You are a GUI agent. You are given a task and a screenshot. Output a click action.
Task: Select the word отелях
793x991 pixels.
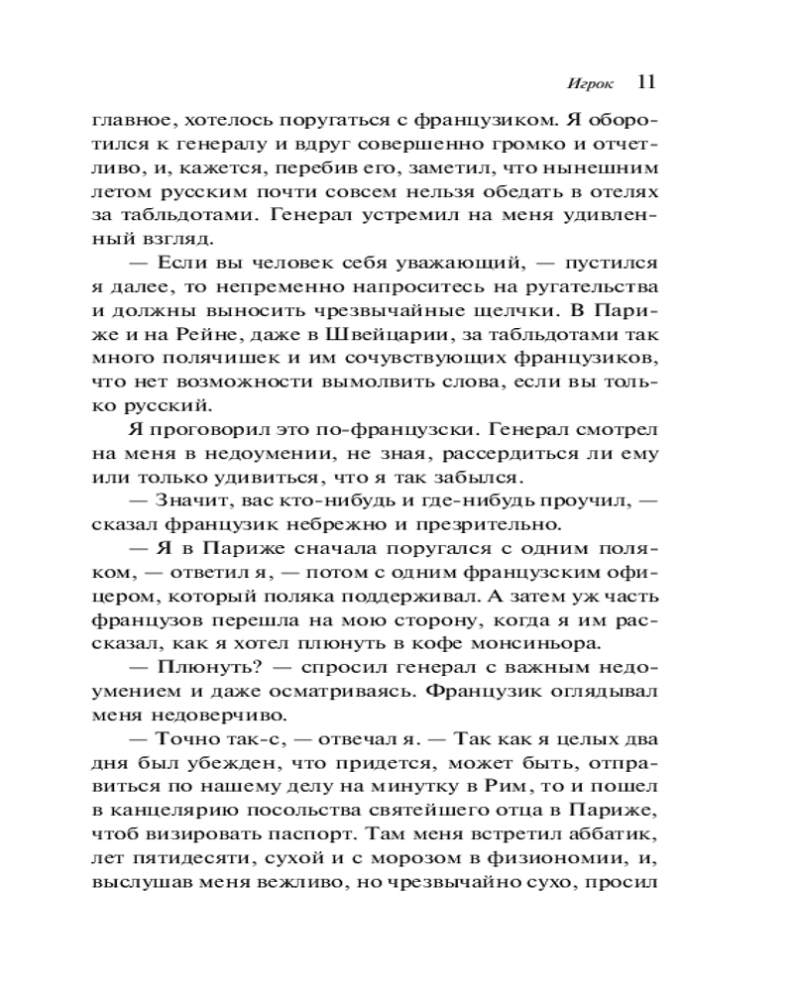pyautogui.click(x=630, y=192)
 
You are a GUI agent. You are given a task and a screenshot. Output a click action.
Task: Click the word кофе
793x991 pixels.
pyautogui.click(x=416, y=642)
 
